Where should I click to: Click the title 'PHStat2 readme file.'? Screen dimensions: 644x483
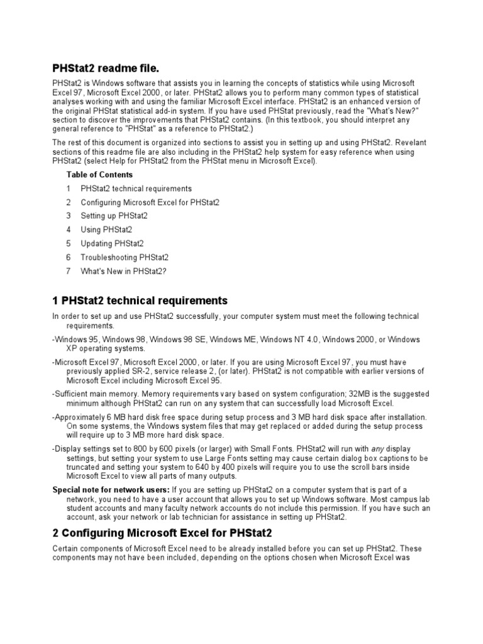point(106,68)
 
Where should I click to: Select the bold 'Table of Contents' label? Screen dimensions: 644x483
point(99,175)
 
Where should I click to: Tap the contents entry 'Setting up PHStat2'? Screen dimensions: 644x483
point(114,216)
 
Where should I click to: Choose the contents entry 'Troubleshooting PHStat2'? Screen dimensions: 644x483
point(125,257)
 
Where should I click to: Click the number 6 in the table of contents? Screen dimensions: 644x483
point(69,257)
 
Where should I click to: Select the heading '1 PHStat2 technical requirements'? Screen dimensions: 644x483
point(140,301)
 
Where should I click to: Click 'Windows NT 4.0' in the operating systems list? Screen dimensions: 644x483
point(289,340)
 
